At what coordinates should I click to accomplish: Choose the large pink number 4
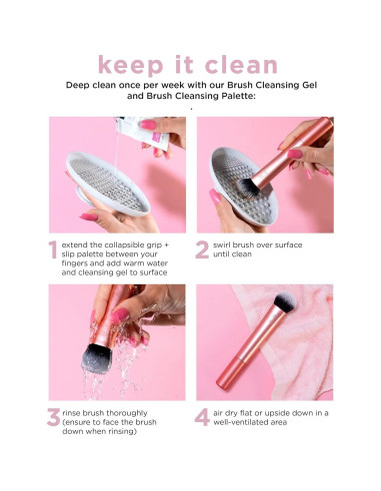coord(203,418)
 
